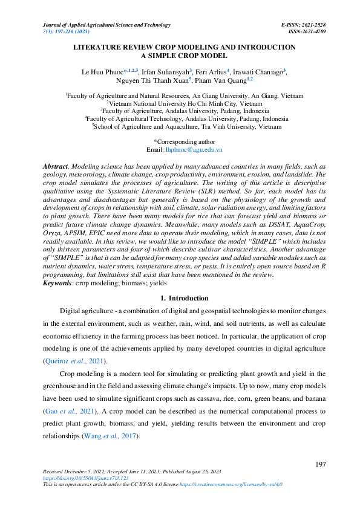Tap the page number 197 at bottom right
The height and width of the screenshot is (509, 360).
point(322,464)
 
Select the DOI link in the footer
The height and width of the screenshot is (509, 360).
point(76,478)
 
